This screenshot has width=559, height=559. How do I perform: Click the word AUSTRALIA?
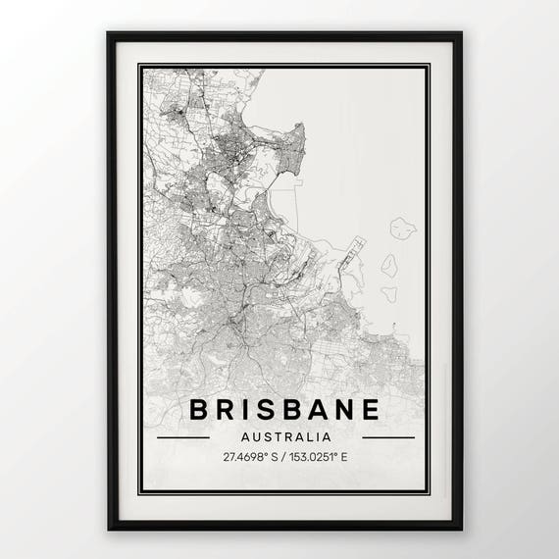pos(285,436)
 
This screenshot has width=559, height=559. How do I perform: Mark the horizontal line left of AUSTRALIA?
pos(183,436)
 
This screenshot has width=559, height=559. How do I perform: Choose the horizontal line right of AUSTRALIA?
pos(388,436)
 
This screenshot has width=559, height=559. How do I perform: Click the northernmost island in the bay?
pos(402,229)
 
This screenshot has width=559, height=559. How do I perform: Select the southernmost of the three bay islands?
pos(389,292)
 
